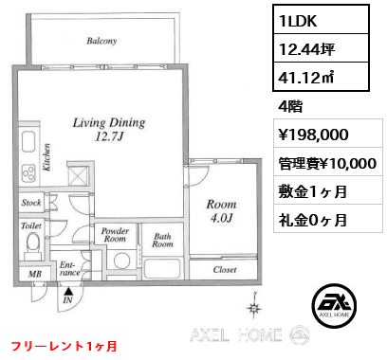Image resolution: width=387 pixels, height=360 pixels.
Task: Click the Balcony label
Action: pos(101,42)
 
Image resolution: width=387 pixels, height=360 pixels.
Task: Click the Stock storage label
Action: pos(30,202)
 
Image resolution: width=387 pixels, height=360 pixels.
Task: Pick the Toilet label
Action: pos(30,226)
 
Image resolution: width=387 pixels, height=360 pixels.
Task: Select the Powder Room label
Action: pos(116,236)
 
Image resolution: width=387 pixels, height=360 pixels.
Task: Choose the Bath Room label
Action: pos(162,242)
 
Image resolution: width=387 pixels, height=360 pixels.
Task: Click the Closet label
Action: pos(225,268)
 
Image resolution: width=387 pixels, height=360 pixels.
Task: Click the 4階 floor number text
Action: pos(290,105)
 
